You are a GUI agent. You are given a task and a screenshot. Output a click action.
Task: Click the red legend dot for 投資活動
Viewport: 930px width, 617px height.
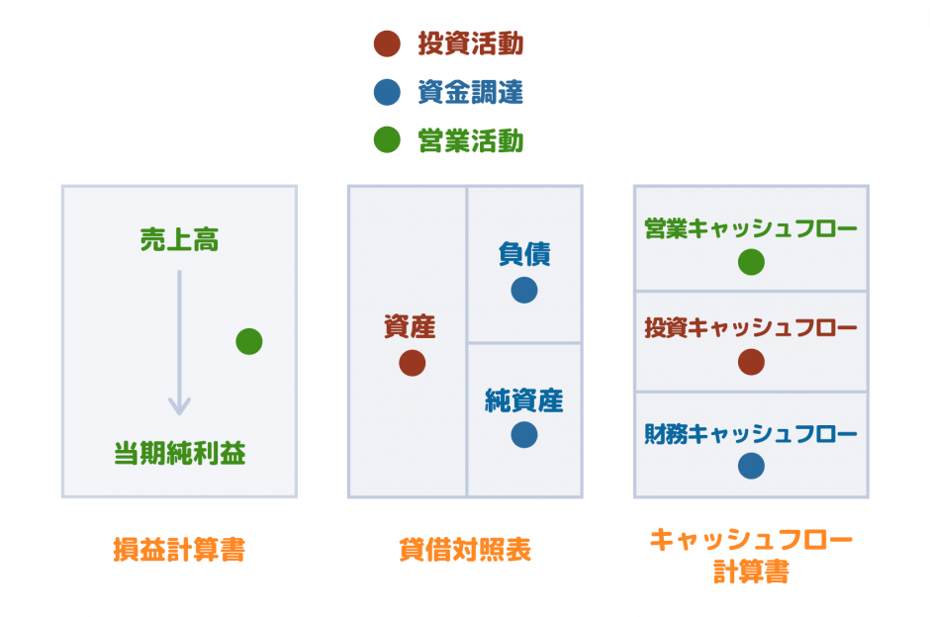point(387,44)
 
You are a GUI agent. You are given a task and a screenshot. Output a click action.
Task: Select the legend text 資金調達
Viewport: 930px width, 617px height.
point(470,93)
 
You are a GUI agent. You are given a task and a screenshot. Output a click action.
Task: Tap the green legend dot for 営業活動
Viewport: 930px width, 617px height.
point(387,141)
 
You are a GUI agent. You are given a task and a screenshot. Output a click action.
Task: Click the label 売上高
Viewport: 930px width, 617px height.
point(178,240)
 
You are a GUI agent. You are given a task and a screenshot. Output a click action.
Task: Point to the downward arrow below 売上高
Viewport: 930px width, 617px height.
point(179,342)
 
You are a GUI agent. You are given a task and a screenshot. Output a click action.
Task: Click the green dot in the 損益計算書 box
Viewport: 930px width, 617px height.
point(249,341)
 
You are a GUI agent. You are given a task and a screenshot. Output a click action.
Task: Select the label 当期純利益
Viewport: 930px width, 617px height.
point(179,455)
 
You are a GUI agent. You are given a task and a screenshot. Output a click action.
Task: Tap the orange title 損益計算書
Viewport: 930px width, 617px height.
point(179,551)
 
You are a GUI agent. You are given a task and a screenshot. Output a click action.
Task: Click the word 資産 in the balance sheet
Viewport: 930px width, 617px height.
point(410,327)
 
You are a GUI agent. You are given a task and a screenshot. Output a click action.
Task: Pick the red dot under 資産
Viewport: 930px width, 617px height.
point(413,363)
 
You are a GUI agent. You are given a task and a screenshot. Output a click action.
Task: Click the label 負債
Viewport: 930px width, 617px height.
point(523,254)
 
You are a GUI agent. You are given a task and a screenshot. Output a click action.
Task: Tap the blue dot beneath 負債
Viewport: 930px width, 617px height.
point(524,290)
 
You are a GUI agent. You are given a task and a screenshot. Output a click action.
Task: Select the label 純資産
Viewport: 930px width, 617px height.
point(523,400)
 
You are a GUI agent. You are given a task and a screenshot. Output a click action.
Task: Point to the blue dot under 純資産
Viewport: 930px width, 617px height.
point(524,434)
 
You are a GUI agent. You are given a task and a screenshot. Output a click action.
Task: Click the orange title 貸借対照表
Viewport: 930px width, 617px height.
point(465,551)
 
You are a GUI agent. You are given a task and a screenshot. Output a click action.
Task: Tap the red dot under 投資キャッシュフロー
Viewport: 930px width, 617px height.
point(751,362)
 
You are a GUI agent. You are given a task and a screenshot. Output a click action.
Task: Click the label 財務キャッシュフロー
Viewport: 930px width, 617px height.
point(750,433)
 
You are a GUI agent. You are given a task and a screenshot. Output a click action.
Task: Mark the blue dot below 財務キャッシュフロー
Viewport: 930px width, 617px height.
point(751,466)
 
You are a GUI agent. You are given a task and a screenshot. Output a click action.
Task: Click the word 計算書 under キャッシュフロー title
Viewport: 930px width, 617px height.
point(751,573)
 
